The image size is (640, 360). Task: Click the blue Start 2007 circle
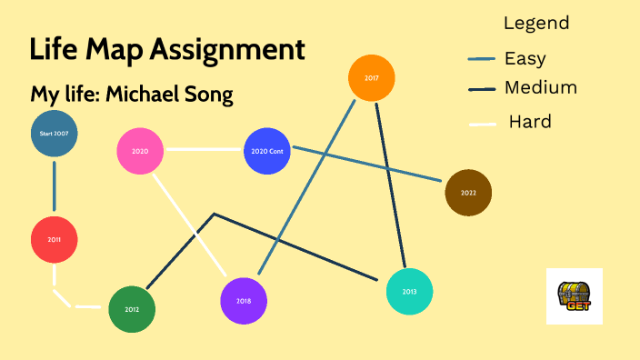tap(54, 134)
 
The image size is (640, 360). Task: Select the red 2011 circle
tap(54, 240)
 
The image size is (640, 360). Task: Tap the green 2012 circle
tap(132, 309)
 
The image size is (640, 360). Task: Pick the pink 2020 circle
tap(140, 152)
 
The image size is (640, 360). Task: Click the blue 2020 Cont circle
tap(267, 151)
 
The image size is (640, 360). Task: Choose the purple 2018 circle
tap(244, 301)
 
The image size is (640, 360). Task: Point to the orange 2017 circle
tap(372, 79)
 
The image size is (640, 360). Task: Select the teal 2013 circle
tap(409, 292)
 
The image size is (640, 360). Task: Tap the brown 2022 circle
tap(468, 193)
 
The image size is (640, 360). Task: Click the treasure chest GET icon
tap(574, 296)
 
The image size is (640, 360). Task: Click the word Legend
tap(536, 24)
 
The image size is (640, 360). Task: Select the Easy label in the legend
tap(525, 59)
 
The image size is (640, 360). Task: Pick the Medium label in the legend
tap(541, 88)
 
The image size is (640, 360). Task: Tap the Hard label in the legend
tap(530, 122)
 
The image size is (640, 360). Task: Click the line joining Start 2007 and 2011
tap(54, 187)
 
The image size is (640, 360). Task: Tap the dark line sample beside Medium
tap(482, 90)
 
